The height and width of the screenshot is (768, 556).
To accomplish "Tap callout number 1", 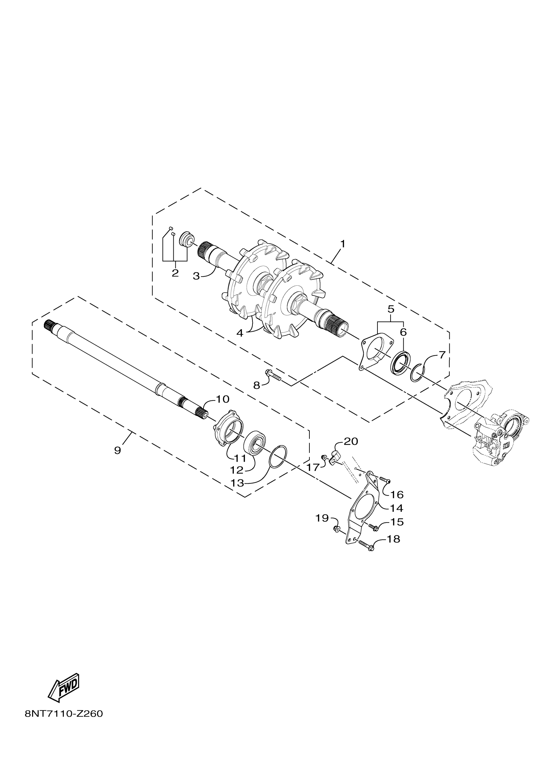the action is [343, 243].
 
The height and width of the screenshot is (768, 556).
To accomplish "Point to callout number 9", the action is [117, 450].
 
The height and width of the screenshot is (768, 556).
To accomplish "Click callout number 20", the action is [351, 441].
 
